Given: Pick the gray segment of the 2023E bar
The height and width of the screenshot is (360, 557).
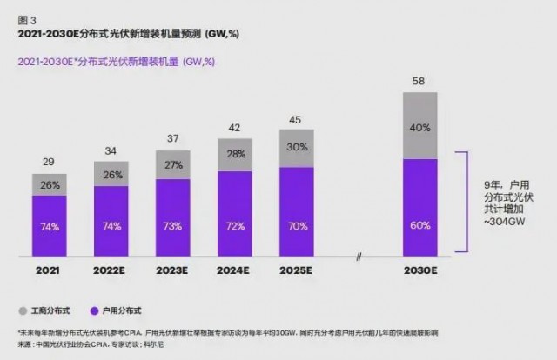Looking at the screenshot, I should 173,164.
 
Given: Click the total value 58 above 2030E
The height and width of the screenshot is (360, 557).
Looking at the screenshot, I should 419,81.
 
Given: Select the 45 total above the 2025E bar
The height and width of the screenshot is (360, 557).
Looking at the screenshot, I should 297,120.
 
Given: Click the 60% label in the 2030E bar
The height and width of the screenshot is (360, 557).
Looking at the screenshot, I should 419,225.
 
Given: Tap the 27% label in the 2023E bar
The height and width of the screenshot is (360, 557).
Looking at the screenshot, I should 173,164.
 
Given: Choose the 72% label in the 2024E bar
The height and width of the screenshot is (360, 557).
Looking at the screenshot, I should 235,225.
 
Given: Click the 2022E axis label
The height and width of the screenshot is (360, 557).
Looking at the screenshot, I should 111,271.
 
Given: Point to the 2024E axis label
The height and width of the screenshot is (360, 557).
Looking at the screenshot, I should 235,271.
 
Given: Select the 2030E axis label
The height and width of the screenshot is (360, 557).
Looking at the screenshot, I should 419,271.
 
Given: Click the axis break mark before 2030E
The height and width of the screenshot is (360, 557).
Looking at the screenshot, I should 359,256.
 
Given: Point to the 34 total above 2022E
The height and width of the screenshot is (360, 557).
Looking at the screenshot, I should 111,151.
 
